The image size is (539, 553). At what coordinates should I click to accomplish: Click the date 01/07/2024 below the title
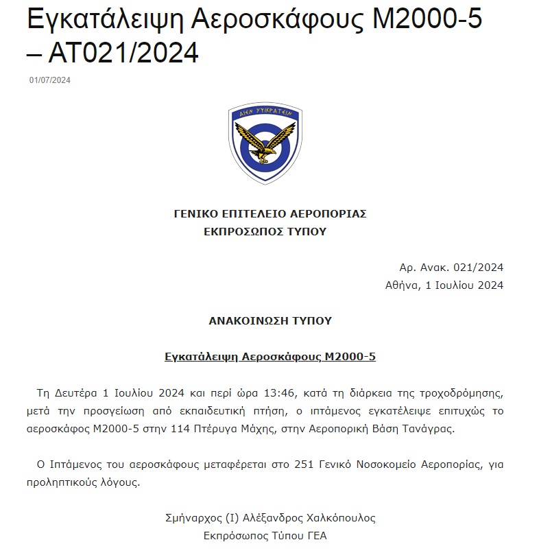point(50,80)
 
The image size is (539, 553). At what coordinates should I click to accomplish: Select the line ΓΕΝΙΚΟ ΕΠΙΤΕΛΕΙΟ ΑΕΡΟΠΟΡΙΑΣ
point(270,213)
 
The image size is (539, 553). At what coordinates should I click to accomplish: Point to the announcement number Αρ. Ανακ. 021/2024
point(451,268)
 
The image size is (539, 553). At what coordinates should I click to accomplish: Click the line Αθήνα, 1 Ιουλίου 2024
point(444,285)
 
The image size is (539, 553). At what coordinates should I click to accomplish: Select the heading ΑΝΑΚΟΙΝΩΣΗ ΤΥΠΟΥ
point(270,320)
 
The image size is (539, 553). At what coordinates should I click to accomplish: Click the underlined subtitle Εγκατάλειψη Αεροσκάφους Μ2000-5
point(270,357)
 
